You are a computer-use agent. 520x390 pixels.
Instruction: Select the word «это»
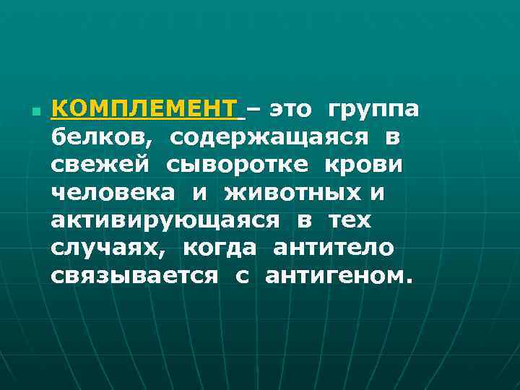point(291,110)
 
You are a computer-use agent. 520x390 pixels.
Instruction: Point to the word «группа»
point(373,110)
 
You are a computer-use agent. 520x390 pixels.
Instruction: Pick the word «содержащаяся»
point(267,137)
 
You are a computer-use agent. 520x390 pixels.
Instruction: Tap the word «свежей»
point(101,165)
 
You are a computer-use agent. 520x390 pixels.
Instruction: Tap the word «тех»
point(350,220)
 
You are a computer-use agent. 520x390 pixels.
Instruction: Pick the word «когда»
point(220,248)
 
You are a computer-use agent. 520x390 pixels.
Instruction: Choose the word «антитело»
point(333,248)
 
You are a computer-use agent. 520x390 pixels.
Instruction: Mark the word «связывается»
point(134,276)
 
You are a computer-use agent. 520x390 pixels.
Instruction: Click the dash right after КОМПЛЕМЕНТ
point(255,110)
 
